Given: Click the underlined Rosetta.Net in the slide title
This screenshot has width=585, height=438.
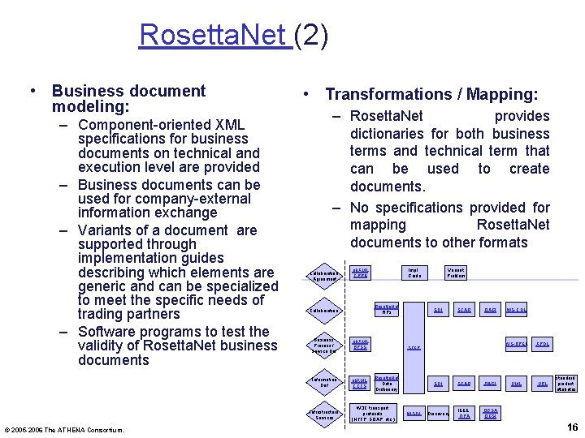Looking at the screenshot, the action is pyautogui.click(x=215, y=35).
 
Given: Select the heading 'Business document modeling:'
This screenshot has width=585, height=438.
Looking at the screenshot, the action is pyautogui.click(x=128, y=99).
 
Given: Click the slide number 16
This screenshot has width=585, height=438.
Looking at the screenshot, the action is pyautogui.click(x=571, y=427).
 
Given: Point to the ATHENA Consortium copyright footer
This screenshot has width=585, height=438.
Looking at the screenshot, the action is pyautogui.click(x=64, y=429).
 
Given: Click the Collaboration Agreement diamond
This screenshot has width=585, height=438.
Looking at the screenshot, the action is pyautogui.click(x=323, y=275).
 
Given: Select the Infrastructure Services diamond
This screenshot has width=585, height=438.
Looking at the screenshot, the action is pyautogui.click(x=324, y=414).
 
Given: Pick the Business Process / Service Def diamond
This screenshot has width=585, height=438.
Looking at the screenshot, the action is pyautogui.click(x=323, y=345).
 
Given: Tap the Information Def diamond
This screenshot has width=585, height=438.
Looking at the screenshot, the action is pyautogui.click(x=323, y=382).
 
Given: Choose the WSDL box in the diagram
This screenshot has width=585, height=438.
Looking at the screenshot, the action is pyautogui.click(x=414, y=414).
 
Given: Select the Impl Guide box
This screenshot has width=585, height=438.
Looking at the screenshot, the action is pyautogui.click(x=414, y=273).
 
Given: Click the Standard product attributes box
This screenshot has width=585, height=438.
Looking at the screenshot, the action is pyautogui.click(x=565, y=383).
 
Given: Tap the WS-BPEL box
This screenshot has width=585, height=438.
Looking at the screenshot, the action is pyautogui.click(x=517, y=344).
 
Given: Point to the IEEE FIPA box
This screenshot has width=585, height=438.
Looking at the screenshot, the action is pyautogui.click(x=464, y=414).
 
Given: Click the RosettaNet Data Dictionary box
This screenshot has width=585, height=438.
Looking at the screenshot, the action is pyautogui.click(x=387, y=383).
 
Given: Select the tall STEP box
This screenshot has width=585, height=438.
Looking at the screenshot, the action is pyautogui.click(x=414, y=346).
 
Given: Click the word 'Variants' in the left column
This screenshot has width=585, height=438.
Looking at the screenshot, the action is pyautogui.click(x=106, y=230).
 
